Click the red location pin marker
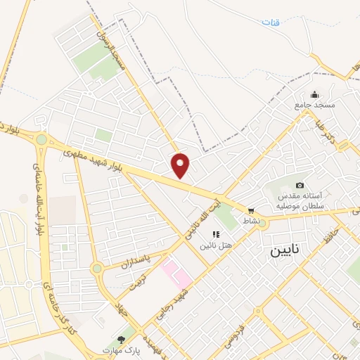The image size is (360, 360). click(181, 165)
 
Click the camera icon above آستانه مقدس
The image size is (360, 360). click(300, 185)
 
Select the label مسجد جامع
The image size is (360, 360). click(315, 105)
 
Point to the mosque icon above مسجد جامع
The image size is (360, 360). click(314, 94)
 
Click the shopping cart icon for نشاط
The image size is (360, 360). click(250, 210)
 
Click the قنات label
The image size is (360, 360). click(271, 21)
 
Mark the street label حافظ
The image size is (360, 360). click(326, 236)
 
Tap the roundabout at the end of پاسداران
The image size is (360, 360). click(97, 269)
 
